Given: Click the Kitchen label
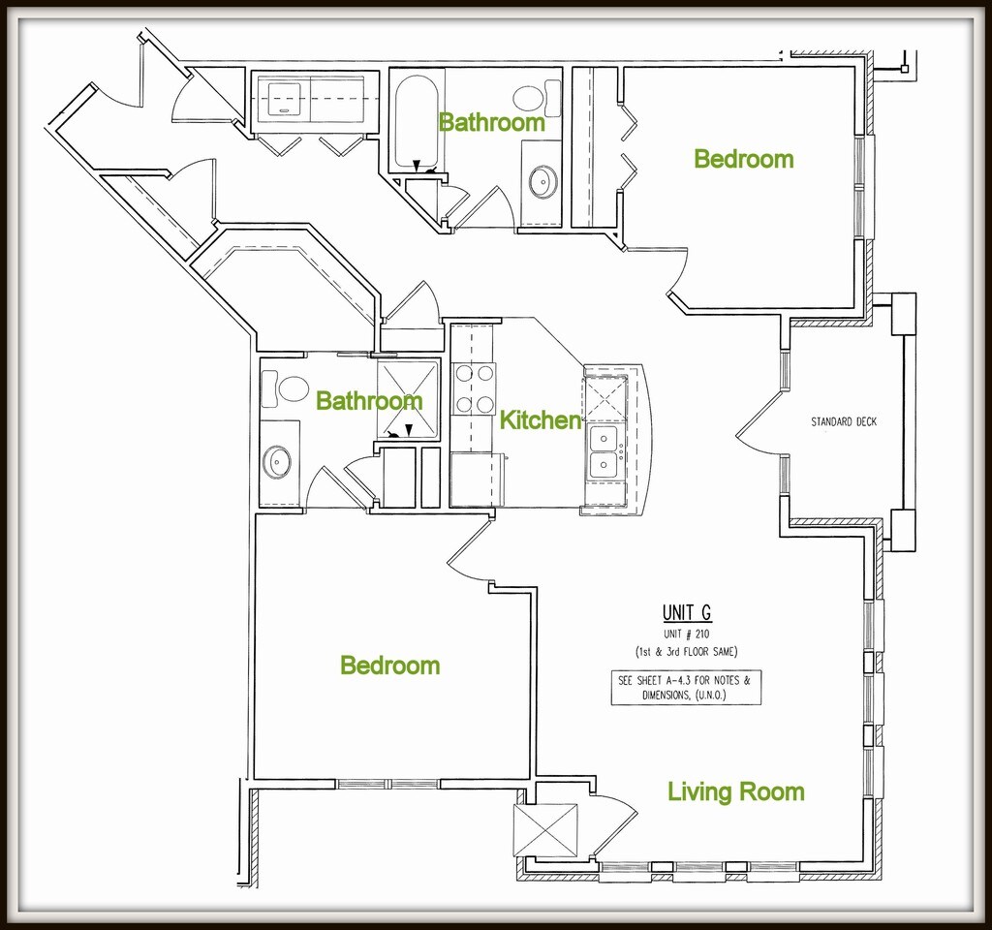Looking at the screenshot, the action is pyautogui.click(x=540, y=420).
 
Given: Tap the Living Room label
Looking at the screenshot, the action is pyautogui.click(x=735, y=791).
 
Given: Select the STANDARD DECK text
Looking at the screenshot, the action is pyautogui.click(x=843, y=422).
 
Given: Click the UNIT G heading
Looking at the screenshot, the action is pyautogui.click(x=687, y=612).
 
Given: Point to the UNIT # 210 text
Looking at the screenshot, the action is pyautogui.click(x=687, y=635).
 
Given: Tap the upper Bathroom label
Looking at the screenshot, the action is pyautogui.click(x=491, y=122).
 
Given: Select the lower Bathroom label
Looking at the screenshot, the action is pyautogui.click(x=369, y=400).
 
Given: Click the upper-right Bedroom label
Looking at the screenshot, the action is pyautogui.click(x=743, y=159).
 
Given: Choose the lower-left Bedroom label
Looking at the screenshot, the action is pyautogui.click(x=389, y=666).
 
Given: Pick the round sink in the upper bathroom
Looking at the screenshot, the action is pyautogui.click(x=542, y=181).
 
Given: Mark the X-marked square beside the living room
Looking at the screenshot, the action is pyautogui.click(x=545, y=831).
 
